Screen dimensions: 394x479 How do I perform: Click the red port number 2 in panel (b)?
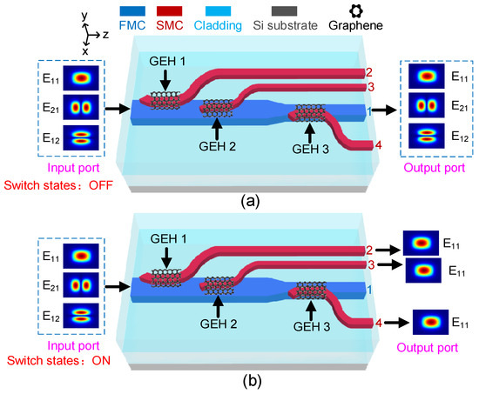(x=369, y=250)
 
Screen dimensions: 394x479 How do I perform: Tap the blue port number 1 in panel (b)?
(x=369, y=288)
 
